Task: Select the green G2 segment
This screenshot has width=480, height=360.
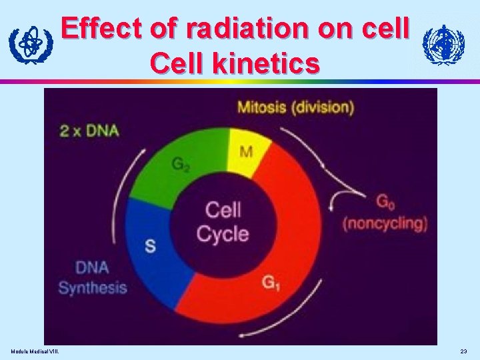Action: [x=179, y=165]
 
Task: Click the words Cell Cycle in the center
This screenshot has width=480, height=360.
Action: [x=223, y=222]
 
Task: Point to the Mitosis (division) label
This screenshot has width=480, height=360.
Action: [x=295, y=107]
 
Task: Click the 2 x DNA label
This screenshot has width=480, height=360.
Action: [x=89, y=130]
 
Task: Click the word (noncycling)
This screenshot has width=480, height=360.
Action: [x=385, y=223]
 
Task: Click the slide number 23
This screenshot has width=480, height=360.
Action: [x=464, y=351]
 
